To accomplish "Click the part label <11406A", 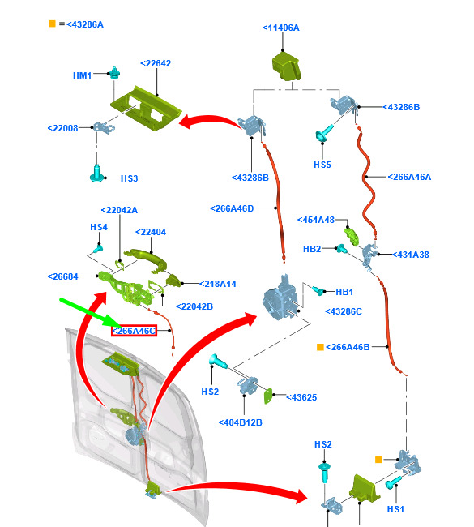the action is [281, 28].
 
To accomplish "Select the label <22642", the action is [156, 63].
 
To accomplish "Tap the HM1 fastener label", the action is [83, 75].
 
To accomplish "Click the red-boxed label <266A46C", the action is [134, 331].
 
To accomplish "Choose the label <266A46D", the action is [232, 208].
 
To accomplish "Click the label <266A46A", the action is [409, 177].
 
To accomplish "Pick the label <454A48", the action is [316, 220].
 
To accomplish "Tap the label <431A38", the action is [411, 255].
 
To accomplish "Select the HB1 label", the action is [344, 292].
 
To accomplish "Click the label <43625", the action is [301, 397].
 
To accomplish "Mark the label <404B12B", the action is [240, 422].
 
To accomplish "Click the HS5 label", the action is [322, 165].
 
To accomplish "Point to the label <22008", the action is [63, 128].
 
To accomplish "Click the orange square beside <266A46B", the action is [320, 347].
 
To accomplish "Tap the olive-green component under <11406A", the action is [286, 66].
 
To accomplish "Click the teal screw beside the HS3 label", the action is [96, 174].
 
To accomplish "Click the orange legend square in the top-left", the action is [52, 24].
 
